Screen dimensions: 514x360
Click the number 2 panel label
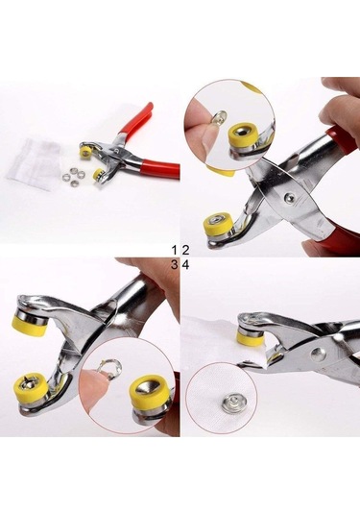click(x=185, y=249)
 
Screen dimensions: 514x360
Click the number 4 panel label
click(x=185, y=263)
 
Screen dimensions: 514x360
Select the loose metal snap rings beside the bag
click(x=68, y=173)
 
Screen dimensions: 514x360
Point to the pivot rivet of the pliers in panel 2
click(x=289, y=198)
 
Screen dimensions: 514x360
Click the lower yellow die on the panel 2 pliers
click(x=217, y=227)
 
